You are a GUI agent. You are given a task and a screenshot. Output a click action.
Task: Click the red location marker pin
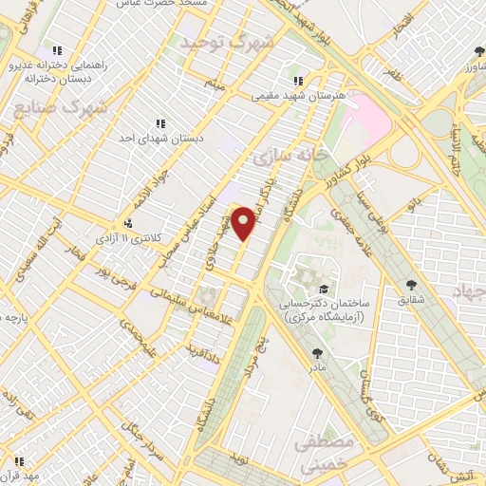245,222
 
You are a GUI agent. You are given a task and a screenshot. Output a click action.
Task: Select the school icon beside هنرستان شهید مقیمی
298,82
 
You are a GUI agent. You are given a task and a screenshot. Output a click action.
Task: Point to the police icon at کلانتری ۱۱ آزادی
128,223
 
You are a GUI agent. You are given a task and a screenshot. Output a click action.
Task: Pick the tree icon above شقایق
411,285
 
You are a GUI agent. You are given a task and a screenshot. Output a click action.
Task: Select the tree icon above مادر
315,351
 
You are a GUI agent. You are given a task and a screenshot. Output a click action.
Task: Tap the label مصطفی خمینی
325,454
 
